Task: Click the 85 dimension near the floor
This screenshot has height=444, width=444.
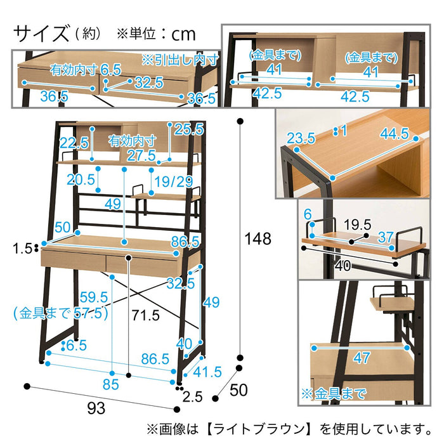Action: (112, 384)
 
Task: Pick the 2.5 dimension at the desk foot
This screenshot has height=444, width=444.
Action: (191, 398)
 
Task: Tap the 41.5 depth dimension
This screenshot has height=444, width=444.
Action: (206, 372)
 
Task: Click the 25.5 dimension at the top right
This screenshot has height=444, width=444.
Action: (188, 129)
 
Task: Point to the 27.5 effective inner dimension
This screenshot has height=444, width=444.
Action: (141, 156)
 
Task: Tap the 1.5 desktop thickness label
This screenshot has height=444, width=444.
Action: (24, 248)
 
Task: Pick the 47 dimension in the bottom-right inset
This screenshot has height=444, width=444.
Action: (362, 358)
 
